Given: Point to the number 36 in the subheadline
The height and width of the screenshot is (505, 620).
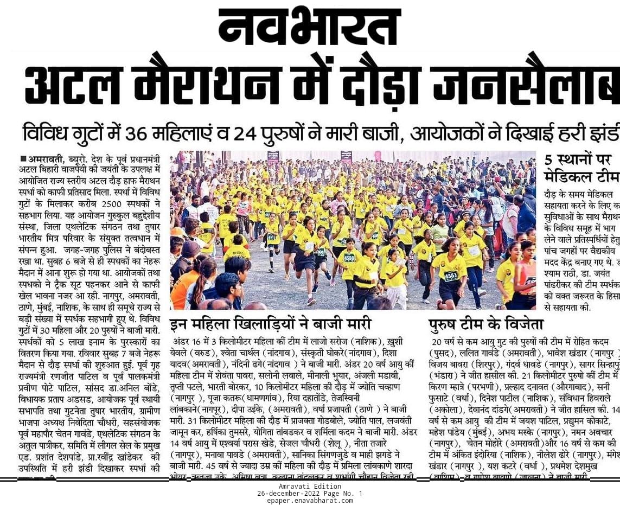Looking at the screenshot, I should (x=138, y=133).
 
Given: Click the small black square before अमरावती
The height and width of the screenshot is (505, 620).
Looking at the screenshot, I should (x=23, y=158).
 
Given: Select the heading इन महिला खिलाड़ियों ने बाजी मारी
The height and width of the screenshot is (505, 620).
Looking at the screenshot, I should (x=271, y=324).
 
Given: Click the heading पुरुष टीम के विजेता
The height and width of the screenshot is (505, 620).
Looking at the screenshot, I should (x=485, y=324).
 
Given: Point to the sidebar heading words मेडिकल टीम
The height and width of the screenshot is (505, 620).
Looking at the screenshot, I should (x=581, y=177).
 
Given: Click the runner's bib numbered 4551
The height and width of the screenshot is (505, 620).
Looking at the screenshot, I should (x=451, y=276).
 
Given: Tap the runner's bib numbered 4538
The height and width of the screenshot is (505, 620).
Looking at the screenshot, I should (x=349, y=258).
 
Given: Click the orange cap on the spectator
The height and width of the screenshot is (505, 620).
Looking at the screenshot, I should (x=177, y=233).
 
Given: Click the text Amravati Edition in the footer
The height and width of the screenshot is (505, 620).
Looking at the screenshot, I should (x=310, y=487).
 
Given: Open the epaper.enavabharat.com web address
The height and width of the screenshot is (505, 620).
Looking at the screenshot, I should (x=310, y=500).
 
